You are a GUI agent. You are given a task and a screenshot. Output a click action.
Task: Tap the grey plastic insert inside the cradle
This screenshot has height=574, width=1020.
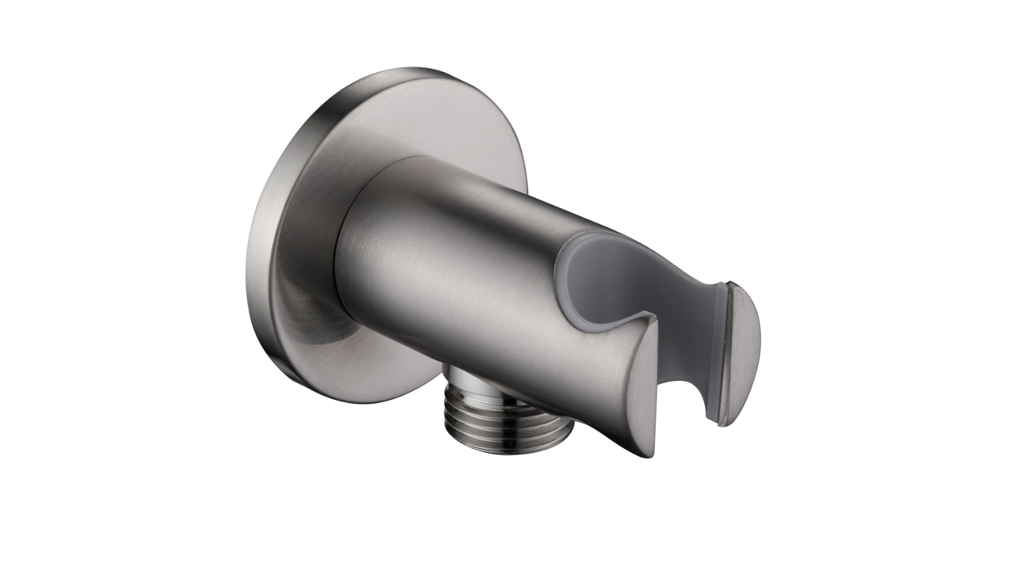coord(612,281)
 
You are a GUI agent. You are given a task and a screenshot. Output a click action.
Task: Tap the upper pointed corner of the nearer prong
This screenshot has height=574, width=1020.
coord(652,316)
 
